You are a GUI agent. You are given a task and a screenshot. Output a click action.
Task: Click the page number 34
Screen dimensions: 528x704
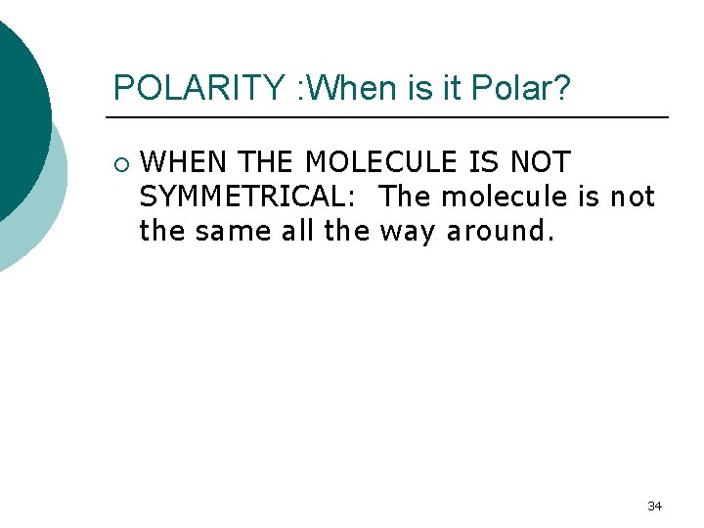[655, 506]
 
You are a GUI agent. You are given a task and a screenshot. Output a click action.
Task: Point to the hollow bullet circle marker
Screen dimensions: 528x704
[119, 162]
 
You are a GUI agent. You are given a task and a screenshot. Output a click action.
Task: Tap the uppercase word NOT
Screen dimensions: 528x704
[540, 162]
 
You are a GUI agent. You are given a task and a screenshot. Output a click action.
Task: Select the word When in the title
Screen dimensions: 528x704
[357, 88]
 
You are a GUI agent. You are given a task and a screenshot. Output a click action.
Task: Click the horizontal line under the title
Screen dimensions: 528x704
[391, 117]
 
